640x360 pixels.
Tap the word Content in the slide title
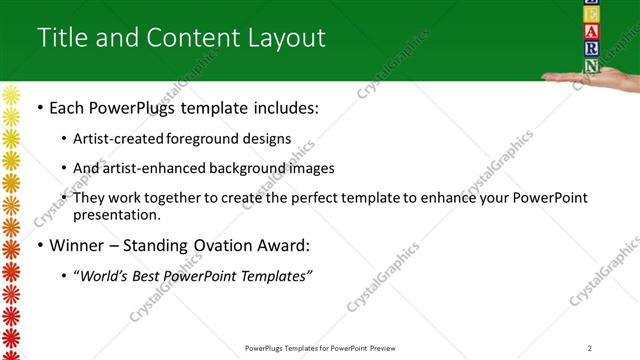(x=190, y=37)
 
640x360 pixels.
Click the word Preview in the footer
(x=388, y=348)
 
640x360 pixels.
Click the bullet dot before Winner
(x=39, y=246)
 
